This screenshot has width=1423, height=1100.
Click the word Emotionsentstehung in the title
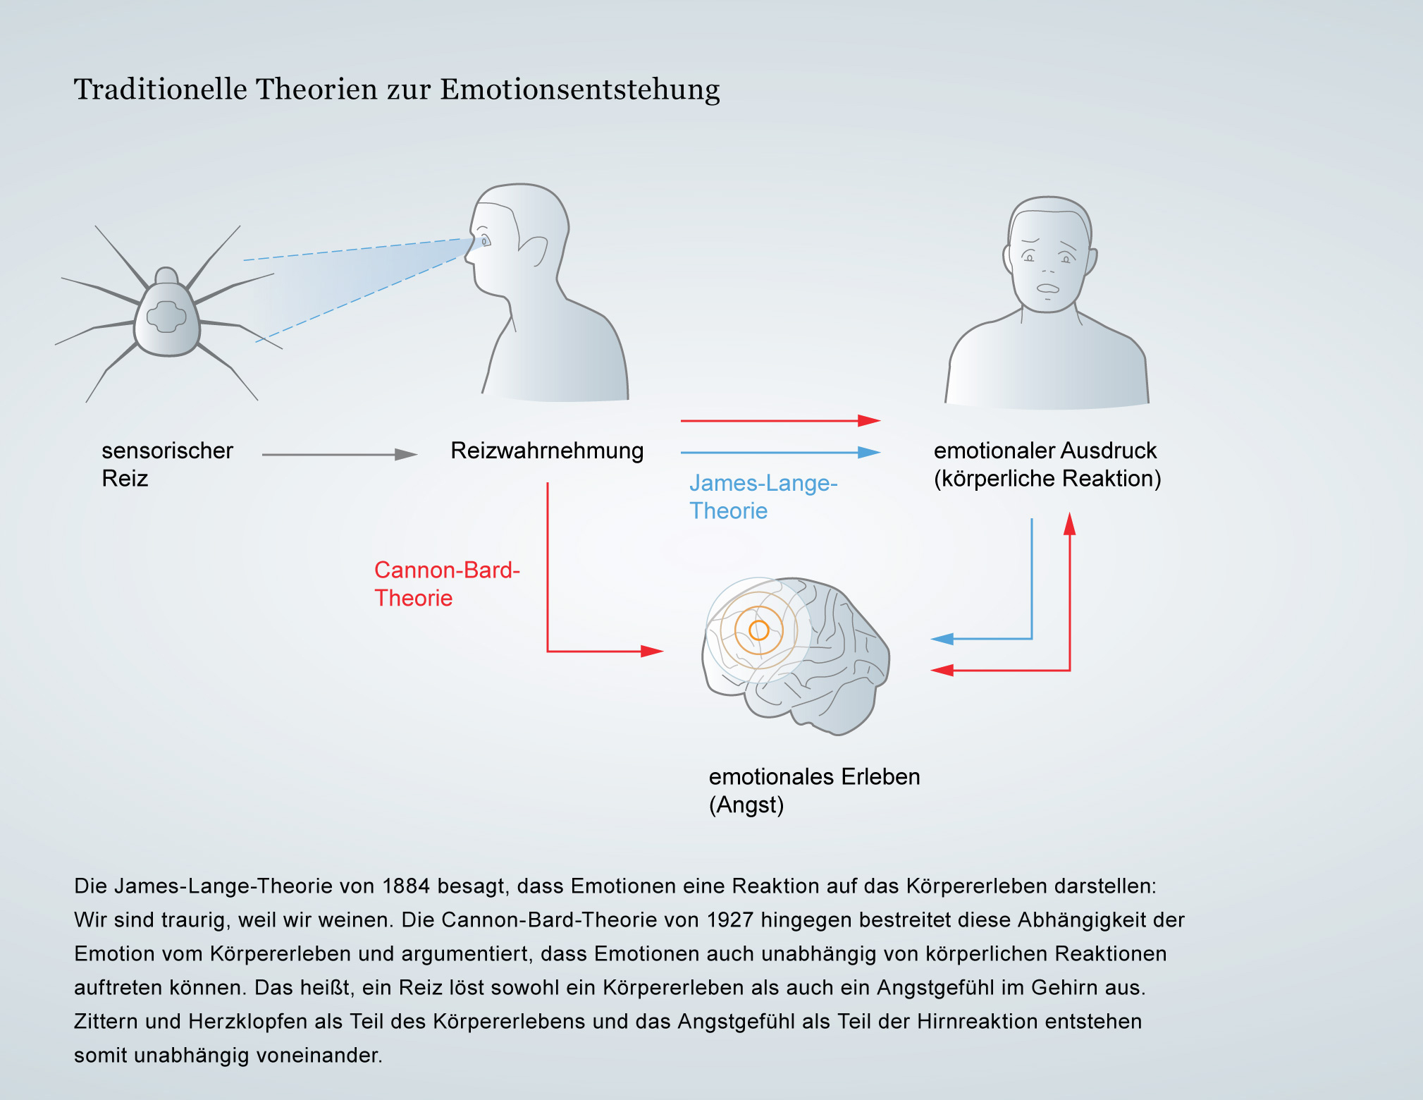click(580, 90)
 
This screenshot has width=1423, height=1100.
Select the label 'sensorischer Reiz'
click(167, 464)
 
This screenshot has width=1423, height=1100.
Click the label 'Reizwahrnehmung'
click(547, 451)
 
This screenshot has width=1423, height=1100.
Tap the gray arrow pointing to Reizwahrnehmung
click(340, 455)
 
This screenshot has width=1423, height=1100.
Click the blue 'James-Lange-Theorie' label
click(763, 496)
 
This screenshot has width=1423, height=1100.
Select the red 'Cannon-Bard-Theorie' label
click(447, 584)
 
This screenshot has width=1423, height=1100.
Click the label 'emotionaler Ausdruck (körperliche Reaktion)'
click(1047, 464)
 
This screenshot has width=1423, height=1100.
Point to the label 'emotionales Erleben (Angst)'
click(814, 790)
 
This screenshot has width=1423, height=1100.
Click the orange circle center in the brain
click(758, 630)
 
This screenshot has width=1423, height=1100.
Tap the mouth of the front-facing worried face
click(1048, 288)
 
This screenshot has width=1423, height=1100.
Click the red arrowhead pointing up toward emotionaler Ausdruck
click(1070, 523)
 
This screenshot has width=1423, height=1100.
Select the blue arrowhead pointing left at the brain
click(942, 639)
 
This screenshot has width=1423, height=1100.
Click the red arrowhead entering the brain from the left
click(652, 652)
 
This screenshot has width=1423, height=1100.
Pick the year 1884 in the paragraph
click(405, 886)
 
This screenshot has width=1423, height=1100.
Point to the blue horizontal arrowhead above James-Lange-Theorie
click(869, 453)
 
